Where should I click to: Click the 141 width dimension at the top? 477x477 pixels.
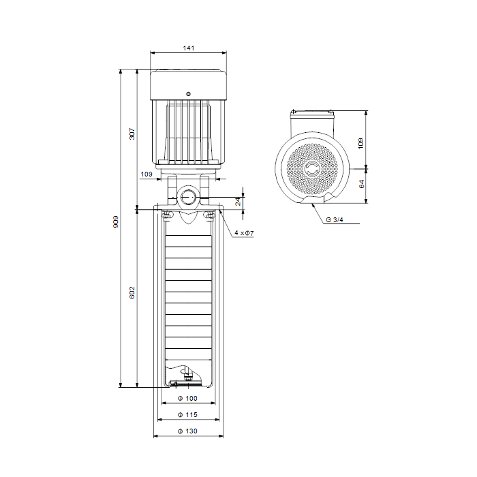tap(188, 48)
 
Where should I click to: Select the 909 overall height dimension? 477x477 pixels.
tap(116, 221)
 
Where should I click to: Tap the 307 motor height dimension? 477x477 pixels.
tap(132, 134)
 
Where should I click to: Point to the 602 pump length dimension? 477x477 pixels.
tap(132, 292)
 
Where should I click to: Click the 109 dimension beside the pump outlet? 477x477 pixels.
tap(147, 174)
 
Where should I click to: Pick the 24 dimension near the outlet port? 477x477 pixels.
tap(238, 202)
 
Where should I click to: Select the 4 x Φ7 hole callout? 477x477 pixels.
tap(244, 233)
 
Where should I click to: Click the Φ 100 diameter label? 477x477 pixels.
tap(187, 398)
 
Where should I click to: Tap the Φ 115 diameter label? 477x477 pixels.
tap(187, 414)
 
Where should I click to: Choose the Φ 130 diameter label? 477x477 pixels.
tap(187, 431)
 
